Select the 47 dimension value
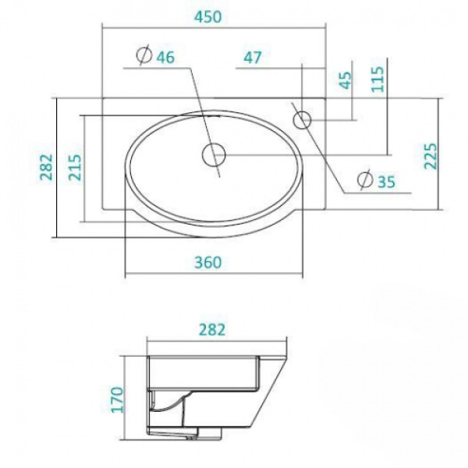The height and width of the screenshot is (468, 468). point(252,57)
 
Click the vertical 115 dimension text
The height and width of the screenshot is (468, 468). point(378,78)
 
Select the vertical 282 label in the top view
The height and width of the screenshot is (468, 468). point(45,167)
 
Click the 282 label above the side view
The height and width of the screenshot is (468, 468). point(211,329)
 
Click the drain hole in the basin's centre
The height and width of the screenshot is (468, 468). point(212,154)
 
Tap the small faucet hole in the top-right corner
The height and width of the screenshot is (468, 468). point(302,119)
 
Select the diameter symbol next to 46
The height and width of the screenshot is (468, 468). point(143,55)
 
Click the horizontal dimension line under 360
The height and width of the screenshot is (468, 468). point(214,275)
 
